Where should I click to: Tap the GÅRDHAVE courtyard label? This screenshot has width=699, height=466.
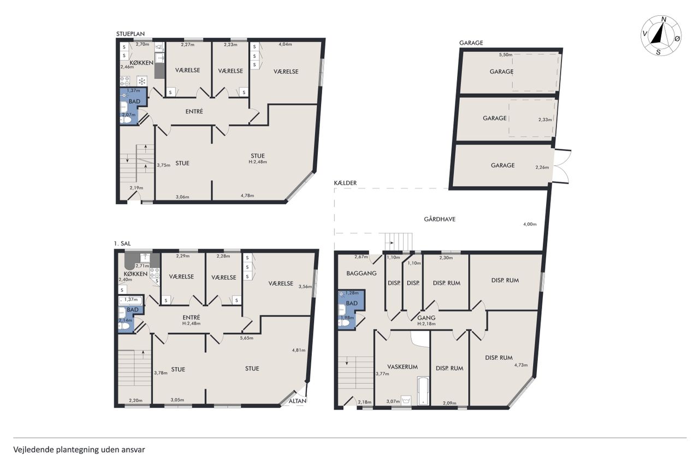440,219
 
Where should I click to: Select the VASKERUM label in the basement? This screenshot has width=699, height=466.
402,367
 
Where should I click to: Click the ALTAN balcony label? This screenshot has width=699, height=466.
298,401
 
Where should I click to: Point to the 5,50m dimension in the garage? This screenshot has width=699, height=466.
506,55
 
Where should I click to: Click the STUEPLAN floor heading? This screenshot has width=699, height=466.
131,34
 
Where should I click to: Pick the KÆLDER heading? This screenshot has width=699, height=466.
345,183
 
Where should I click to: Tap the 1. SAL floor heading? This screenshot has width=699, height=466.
122,244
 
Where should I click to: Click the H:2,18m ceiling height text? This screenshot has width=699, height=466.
426,323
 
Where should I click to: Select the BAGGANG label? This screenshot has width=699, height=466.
362,273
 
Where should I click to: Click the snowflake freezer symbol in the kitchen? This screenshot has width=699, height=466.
142,82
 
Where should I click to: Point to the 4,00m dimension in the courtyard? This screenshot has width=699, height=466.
530,224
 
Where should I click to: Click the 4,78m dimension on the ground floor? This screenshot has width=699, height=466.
247,196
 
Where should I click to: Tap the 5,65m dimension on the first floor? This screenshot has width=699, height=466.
246,338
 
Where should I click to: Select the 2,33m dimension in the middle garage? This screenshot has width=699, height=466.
545,120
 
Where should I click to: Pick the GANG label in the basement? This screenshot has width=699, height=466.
426,318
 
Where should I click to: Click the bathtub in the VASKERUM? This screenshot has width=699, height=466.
423,391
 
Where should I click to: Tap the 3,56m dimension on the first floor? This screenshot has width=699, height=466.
305,286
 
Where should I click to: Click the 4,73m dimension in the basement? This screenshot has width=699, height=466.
521,365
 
